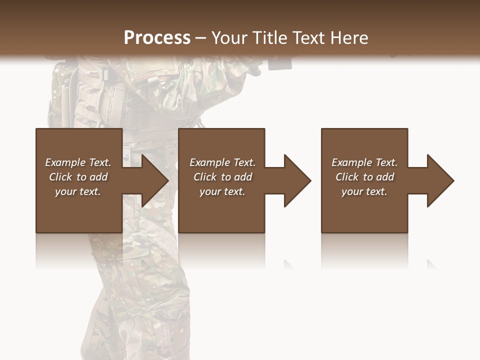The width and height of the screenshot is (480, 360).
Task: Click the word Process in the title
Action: [157, 37]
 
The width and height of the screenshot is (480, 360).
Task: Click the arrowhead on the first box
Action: [154, 180]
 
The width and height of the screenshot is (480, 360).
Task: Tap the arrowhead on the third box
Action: [440, 180]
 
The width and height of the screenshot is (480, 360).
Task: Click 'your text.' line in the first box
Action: [78, 191]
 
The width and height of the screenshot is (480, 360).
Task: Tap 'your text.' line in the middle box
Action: [222, 191]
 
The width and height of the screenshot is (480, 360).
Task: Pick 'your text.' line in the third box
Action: [364, 191]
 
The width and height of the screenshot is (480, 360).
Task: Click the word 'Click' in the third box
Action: [347, 177]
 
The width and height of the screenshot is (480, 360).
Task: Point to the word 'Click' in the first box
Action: [60, 177]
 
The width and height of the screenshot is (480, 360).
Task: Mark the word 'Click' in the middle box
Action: [205, 177]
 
